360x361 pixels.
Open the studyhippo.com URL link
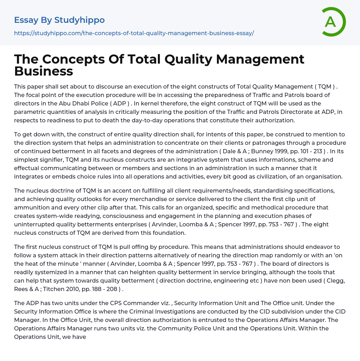tap(134, 33)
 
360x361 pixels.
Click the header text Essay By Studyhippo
tap(59, 20)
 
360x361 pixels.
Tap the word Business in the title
tap(44, 71)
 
